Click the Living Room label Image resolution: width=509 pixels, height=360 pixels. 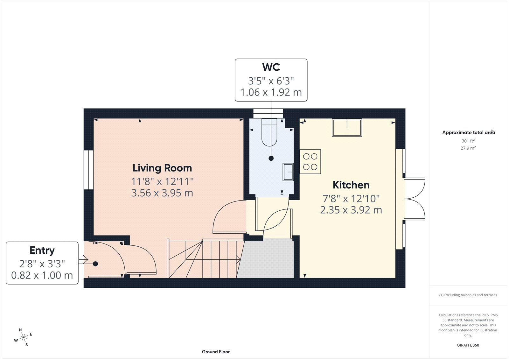[x=162, y=168]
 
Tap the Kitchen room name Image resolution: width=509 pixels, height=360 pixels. [x=351, y=185]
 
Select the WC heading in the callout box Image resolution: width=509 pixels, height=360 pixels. [x=271, y=67]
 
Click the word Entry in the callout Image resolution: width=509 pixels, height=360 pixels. [x=42, y=251]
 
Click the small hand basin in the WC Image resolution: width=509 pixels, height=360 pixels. [x=288, y=172]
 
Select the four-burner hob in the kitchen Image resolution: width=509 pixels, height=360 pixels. [x=310, y=162]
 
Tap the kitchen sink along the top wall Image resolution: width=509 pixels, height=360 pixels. [x=347, y=128]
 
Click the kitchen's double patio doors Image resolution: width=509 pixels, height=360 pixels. [x=415, y=199]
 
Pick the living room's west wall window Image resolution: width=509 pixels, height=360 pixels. [x=88, y=170]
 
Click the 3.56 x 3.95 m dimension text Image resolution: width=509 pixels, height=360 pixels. [x=162, y=193]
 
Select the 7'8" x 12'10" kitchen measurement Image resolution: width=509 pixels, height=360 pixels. [x=351, y=199]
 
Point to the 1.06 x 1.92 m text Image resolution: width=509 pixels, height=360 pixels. [x=271, y=92]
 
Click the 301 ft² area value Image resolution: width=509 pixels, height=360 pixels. [x=468, y=141]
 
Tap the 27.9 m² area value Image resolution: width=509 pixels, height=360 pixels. [x=468, y=148]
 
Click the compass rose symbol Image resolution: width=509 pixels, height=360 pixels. [x=23, y=337]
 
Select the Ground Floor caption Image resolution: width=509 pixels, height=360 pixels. [x=216, y=352]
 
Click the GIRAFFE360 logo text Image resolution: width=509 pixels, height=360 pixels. [x=468, y=345]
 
